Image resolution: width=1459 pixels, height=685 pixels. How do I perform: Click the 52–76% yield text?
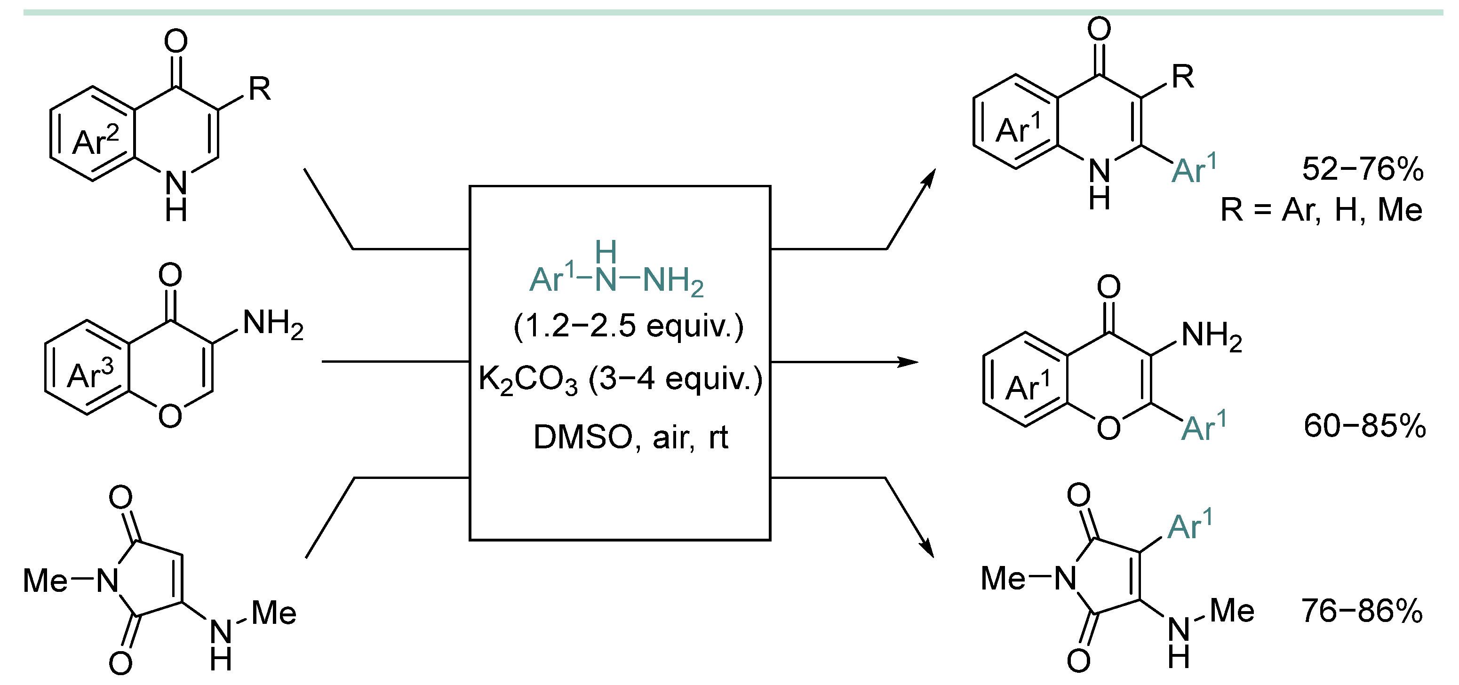1362,169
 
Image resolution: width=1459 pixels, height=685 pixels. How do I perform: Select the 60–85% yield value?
1364,426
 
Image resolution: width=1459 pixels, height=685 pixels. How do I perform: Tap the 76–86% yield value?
1362,611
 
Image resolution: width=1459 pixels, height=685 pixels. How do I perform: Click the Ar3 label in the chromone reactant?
90,374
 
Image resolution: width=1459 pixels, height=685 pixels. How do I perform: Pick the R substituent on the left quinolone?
259,89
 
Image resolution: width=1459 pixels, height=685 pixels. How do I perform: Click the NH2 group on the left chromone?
272,325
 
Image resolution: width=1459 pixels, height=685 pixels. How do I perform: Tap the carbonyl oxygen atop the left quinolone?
175,41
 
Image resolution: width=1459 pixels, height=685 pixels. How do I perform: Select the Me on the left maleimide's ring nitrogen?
45,580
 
